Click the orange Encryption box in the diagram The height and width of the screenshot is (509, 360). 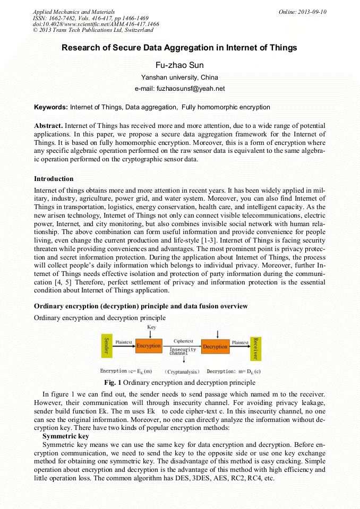pos(148,346)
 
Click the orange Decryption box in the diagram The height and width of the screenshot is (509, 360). pos(215,347)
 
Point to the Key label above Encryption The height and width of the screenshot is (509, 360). pos(151,327)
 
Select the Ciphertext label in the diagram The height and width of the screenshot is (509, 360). pos(183,341)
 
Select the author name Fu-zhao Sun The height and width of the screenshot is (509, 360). pos(179,65)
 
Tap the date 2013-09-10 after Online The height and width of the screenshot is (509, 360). pos(313,12)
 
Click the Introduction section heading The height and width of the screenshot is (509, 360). pos(54,178)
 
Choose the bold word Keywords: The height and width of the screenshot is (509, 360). pos(51,107)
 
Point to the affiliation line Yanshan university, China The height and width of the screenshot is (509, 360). pos(179,77)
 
